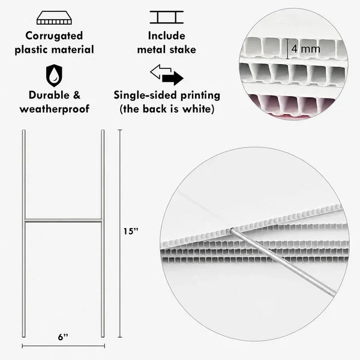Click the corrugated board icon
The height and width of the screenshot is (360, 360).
(54, 17)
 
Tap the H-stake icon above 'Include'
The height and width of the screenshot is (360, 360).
(167, 17)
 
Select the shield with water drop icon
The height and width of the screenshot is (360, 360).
(54, 76)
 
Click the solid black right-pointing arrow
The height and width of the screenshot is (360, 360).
(173, 78)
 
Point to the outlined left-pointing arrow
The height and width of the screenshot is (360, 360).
(160, 71)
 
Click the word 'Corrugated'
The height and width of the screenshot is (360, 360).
(54, 36)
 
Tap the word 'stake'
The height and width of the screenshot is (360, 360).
(183, 50)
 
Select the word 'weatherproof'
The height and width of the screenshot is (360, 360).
(55, 109)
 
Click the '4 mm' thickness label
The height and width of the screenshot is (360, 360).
(305, 49)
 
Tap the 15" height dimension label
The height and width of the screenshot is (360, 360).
(131, 231)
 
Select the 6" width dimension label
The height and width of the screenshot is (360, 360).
(63, 337)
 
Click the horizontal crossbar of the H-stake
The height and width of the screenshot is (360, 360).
(63, 221)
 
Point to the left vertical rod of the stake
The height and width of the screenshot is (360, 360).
(23, 233)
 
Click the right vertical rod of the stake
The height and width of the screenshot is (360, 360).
(103, 233)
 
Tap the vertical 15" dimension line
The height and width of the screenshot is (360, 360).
(119, 233)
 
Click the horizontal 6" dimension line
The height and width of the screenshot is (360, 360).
(64, 346)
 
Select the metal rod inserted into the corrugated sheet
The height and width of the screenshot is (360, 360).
(283, 262)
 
